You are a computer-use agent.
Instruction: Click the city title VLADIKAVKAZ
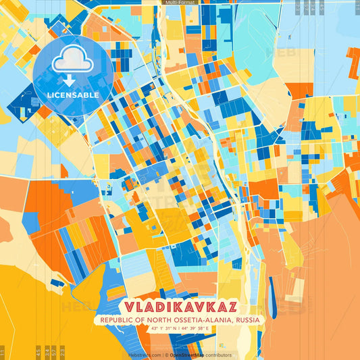(180, 306)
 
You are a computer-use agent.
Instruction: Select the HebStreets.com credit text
(143, 355)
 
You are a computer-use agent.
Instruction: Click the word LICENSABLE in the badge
(73, 95)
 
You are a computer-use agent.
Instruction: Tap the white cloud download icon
(72, 61)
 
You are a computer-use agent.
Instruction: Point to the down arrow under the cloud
(70, 79)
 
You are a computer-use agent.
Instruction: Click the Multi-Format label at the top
(180, 3)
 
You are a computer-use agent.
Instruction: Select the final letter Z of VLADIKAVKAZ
(230, 306)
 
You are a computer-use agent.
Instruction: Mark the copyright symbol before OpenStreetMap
(166, 355)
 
